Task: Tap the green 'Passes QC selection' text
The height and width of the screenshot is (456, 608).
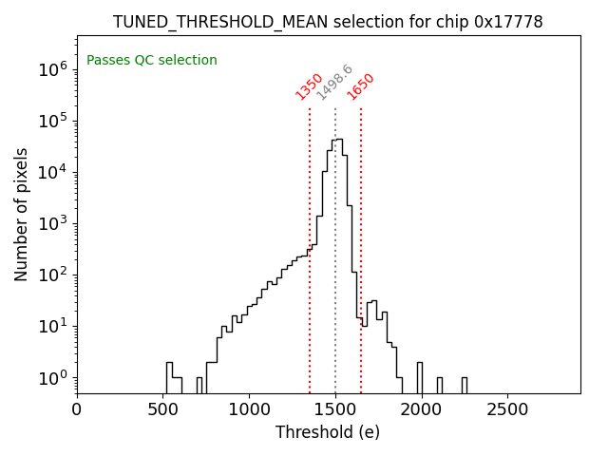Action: pos(152,61)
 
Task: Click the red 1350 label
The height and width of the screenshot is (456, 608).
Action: pos(310,86)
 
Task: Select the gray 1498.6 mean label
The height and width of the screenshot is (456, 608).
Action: pos(334,83)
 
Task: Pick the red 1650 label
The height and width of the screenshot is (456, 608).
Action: pos(361,86)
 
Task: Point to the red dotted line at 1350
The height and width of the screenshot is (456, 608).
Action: pos(310,285)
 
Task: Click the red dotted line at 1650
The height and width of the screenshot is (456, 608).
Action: pos(361,237)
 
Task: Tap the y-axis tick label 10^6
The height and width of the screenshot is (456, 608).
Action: pos(51,69)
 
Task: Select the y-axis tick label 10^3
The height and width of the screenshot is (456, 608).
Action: pos(51,224)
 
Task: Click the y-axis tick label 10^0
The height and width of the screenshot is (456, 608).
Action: pos(51,378)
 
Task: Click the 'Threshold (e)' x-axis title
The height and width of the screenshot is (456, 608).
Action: pos(328,433)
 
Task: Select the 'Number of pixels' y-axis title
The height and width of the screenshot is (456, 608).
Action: pos(22,214)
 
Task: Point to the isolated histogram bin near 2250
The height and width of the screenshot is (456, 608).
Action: pos(464,383)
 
